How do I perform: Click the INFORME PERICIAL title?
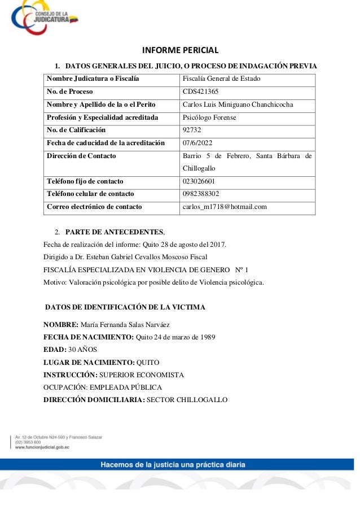179,49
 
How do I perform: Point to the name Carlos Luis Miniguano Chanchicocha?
238,104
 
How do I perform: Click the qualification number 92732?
194,130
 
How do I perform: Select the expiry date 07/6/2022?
197,143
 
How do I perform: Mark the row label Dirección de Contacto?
81,156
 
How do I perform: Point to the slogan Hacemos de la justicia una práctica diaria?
173,465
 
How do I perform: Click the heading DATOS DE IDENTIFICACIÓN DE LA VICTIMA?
125,307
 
